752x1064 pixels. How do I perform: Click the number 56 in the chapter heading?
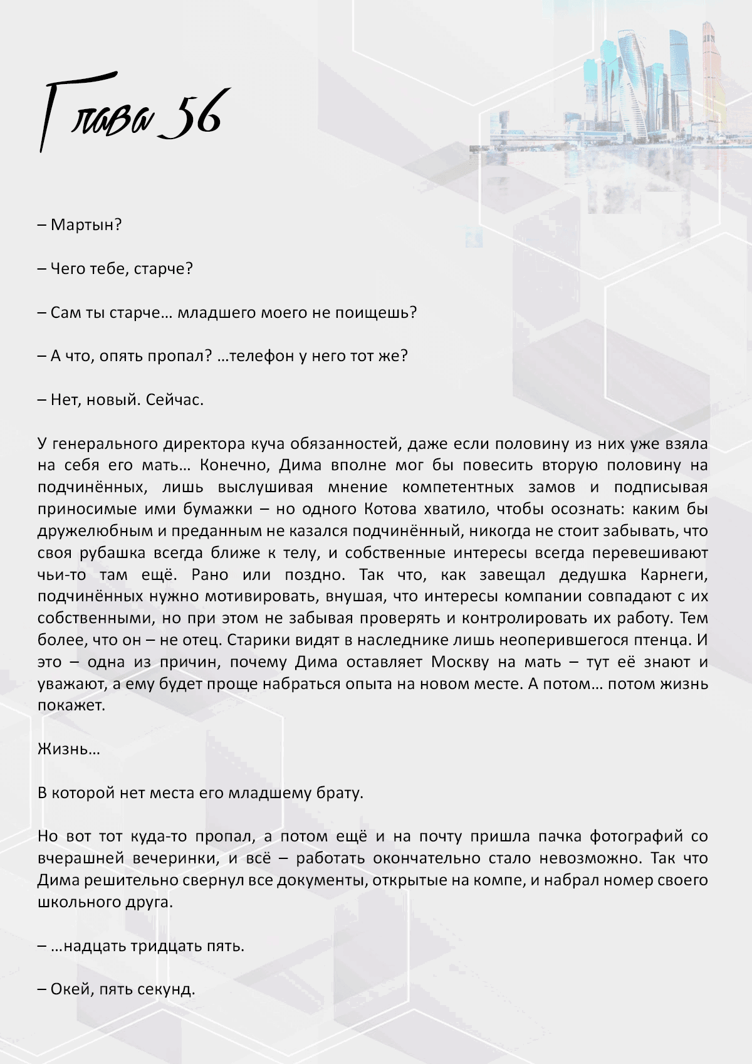tap(191, 117)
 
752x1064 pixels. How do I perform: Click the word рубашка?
tap(113, 552)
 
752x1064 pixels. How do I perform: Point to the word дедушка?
tap(592, 574)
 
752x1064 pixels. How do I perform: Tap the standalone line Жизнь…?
tap(68, 749)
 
